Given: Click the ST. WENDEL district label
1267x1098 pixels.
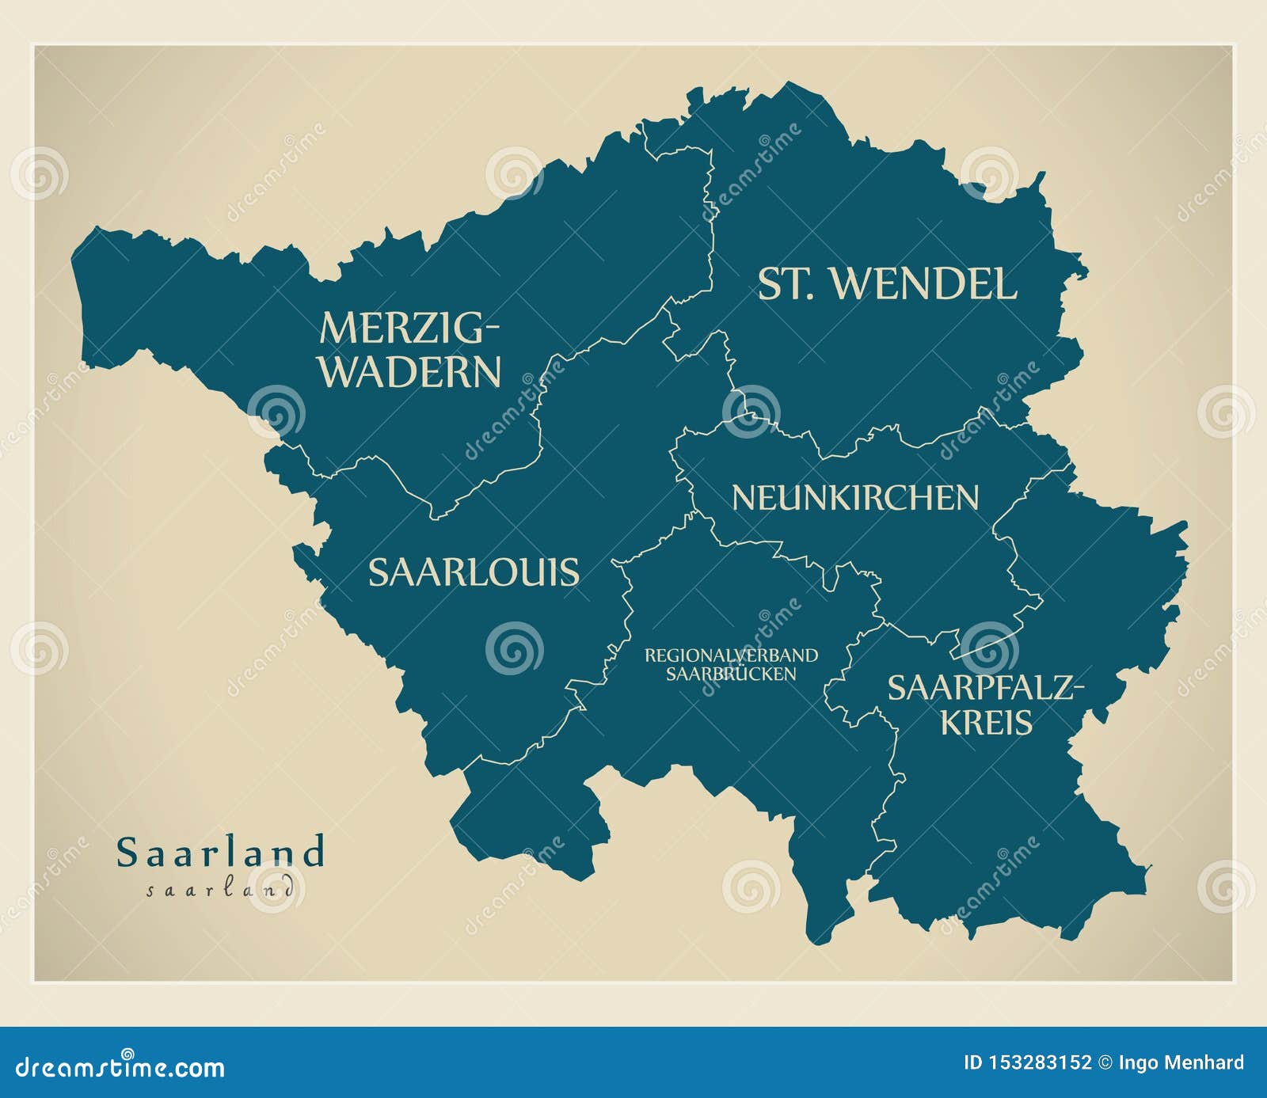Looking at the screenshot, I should pyautogui.click(x=887, y=284).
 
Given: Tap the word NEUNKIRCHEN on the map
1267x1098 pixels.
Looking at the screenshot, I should pyautogui.click(x=855, y=498).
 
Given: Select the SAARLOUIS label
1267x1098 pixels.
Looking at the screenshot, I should pyautogui.click(x=474, y=572).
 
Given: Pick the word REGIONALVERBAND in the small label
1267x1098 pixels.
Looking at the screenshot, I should pyautogui.click(x=731, y=655).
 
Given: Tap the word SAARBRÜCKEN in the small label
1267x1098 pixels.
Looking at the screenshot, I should pyautogui.click(x=731, y=674).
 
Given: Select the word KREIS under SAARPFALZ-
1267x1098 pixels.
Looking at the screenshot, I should pyautogui.click(x=987, y=723).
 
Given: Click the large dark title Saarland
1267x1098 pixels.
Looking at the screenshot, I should pyautogui.click(x=221, y=853).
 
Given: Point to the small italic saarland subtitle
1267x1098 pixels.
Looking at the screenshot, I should pyautogui.click(x=221, y=889).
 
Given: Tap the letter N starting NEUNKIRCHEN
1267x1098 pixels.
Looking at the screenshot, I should pyautogui.click(x=742, y=498).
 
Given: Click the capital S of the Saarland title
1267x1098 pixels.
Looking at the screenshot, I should pyautogui.click(x=127, y=853).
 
